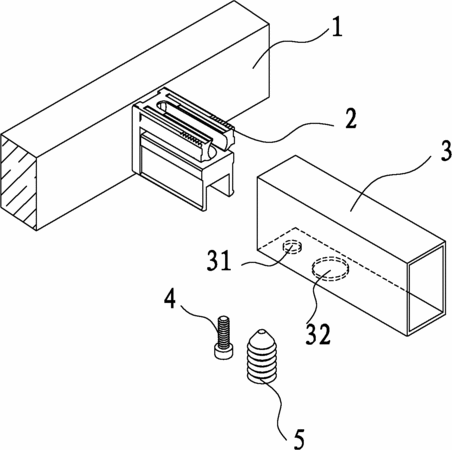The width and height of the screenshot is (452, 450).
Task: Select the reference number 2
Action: coord(350,118)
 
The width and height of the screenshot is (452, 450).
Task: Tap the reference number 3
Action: coord(445,151)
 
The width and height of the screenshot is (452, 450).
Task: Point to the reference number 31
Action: coord(219,260)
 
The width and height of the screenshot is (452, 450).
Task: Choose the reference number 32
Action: coord(318,334)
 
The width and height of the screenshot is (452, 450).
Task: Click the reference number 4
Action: coord(170,299)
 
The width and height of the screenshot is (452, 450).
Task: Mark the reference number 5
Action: coord(298,439)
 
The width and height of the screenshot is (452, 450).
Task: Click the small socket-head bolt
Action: coord(224,337)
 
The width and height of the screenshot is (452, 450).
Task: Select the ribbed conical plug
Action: coord(261,356)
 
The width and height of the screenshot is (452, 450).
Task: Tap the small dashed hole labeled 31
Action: coord(293,247)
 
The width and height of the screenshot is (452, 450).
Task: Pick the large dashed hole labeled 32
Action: coord(329,268)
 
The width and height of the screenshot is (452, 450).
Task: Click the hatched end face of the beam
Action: coord(18,182)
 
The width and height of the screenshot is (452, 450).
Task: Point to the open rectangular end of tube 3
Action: coord(427,288)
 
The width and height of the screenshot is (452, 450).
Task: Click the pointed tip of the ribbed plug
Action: coord(262,331)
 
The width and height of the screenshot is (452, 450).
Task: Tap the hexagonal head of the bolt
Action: coord(224,352)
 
